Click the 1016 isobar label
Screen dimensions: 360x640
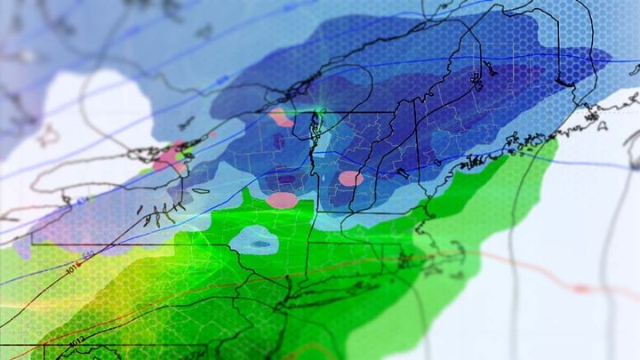click(73, 263)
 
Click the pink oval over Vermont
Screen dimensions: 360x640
click(351, 179)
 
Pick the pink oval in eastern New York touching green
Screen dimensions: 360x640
click(283, 200)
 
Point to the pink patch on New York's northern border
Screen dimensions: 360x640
click(280, 117)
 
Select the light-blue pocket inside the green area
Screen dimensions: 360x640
click(254, 240)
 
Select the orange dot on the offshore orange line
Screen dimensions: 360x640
click(580, 288)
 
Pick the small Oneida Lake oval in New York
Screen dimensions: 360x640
click(201, 189)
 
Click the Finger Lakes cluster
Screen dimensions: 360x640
click(159, 212)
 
